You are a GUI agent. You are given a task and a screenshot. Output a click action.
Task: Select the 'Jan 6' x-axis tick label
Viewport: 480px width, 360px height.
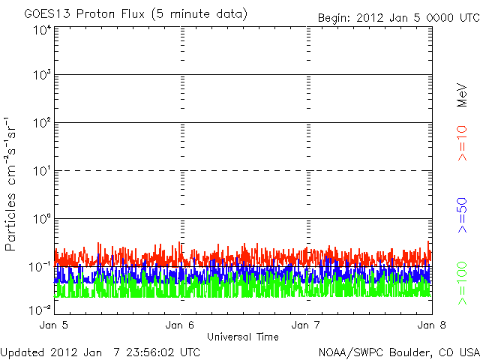click(181, 325)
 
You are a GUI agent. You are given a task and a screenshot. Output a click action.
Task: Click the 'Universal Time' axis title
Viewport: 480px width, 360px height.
click(243, 337)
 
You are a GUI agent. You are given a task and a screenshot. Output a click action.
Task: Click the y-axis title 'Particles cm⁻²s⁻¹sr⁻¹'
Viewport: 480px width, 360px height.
click(13, 184)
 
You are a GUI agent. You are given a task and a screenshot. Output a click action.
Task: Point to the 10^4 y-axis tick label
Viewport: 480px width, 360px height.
click(42, 30)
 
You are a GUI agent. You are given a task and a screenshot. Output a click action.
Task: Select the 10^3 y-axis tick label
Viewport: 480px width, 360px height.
click(42, 76)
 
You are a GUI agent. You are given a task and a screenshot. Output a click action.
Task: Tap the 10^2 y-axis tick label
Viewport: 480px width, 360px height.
click(42, 124)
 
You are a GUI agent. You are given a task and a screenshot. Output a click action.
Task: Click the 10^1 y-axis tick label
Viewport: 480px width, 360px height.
click(42, 172)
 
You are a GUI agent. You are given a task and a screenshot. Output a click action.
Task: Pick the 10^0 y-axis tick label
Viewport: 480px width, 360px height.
click(42, 220)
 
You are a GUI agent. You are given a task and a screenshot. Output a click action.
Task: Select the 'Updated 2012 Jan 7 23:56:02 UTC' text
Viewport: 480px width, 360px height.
click(100, 351)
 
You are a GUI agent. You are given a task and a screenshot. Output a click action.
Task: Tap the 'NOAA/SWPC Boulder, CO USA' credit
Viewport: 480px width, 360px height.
click(398, 351)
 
